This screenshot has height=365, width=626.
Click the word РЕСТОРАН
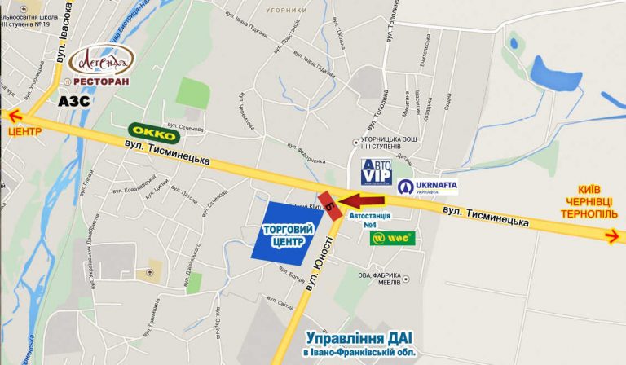(99, 81)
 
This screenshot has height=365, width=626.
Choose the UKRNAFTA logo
(427, 186)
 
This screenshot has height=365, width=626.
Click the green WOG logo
(393, 238)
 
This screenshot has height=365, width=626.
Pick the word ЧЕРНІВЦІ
(584, 200)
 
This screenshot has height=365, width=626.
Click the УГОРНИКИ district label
(286, 10)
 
